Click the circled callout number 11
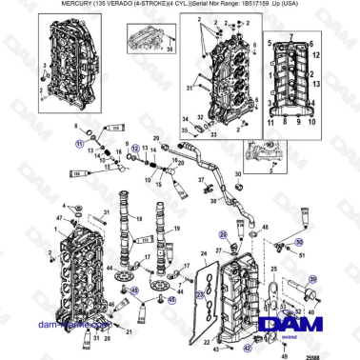tap(81, 141)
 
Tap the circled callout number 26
tap(224, 232)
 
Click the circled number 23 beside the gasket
tap(200, 295)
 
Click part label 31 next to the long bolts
tap(189, 89)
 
